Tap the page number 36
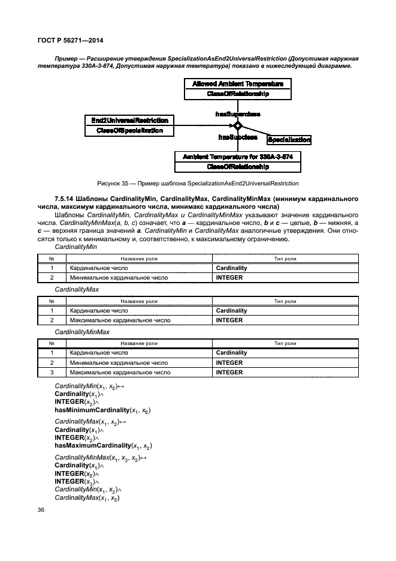pyautogui.click(x=42, y=509)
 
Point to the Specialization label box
pyautogui.click(x=289, y=140)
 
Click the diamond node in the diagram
pyautogui.click(x=237, y=126)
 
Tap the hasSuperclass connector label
pyautogui.click(x=238, y=113)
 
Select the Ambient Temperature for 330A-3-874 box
pyautogui.click(x=238, y=161)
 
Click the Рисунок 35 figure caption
pyautogui.click(x=198, y=183)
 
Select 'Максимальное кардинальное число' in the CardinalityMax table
pyautogui.click(x=120, y=320)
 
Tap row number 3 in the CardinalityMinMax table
pyautogui.click(x=52, y=372)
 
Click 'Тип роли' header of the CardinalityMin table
pyautogui.click(x=285, y=259)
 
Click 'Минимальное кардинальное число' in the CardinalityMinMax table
pyautogui.click(x=119, y=362)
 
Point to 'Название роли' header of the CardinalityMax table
pyautogui.click(x=139, y=301)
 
